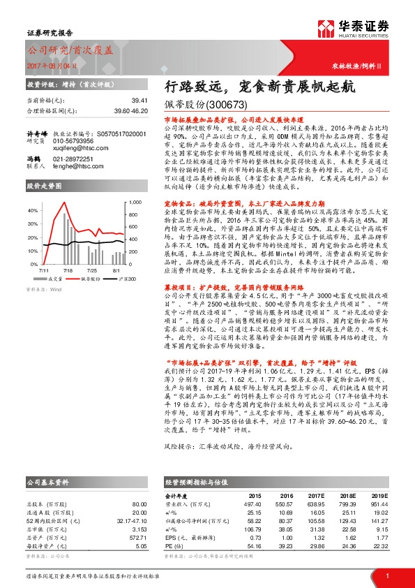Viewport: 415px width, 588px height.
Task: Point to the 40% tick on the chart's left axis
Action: tap(32, 191)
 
